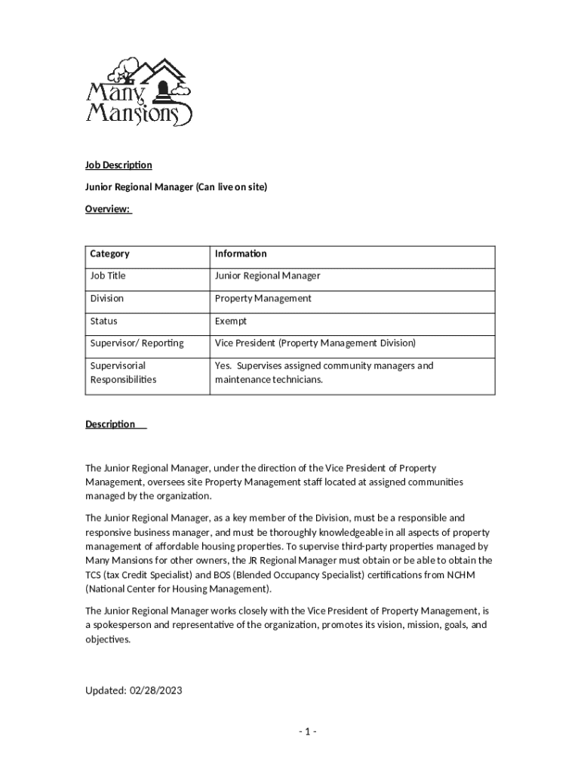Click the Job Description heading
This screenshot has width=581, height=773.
118,165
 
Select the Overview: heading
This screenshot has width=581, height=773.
108,209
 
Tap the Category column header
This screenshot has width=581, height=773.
109,254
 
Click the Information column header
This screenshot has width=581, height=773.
241,254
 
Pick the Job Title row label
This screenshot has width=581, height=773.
108,276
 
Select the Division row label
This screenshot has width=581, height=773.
107,298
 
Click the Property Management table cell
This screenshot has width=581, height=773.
263,298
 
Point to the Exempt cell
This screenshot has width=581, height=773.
231,321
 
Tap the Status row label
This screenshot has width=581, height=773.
104,321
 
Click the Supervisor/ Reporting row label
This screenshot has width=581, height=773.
137,343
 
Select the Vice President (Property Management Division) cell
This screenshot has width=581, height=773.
315,343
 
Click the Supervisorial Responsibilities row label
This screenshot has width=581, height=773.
123,372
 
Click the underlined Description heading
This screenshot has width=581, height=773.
110,424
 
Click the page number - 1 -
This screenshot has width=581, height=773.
307,731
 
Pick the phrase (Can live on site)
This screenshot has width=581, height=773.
232,186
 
